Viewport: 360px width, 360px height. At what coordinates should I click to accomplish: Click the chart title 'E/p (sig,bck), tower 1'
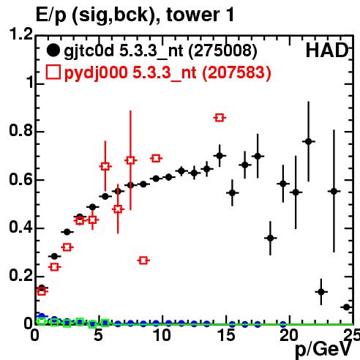(x=135, y=15)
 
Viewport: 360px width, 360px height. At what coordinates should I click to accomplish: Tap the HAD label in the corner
(x=327, y=50)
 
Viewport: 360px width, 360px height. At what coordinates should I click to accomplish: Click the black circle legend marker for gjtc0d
(x=53, y=50)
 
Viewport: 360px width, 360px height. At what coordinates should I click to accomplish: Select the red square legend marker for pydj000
(x=53, y=72)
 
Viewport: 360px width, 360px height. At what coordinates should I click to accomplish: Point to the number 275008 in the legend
(x=222, y=50)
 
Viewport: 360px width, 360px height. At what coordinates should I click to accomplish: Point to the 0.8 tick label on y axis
(x=20, y=131)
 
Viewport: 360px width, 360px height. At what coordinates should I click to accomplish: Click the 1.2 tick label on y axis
(x=20, y=34)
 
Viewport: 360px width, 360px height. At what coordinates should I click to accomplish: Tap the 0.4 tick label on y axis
(x=20, y=227)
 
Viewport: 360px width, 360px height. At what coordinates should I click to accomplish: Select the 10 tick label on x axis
(x=162, y=335)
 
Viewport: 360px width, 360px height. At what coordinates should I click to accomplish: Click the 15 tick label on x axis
(x=226, y=335)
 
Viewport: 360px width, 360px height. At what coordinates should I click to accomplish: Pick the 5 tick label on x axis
(x=99, y=335)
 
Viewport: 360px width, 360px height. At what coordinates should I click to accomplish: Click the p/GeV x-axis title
(x=323, y=349)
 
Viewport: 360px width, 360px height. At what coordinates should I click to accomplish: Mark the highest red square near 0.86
(x=220, y=118)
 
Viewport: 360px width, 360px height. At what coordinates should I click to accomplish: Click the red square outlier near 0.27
(x=143, y=260)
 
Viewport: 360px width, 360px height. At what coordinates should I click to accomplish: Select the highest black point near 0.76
(x=309, y=141)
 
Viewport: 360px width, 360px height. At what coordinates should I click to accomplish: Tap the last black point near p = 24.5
(x=347, y=307)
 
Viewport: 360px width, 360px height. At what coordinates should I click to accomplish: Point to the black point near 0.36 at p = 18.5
(x=270, y=238)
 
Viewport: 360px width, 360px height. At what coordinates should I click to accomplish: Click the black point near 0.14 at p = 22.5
(x=321, y=292)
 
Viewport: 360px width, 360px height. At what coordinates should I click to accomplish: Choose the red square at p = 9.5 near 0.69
(x=156, y=158)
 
